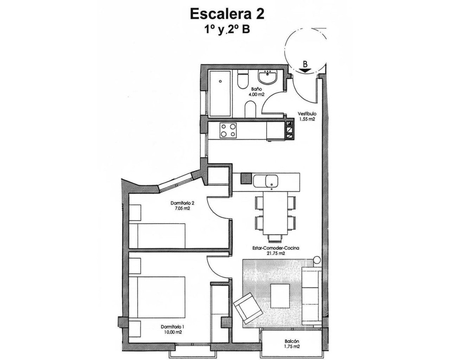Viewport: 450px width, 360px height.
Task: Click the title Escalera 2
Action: [x=227, y=14]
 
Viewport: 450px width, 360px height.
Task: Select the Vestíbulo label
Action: [x=307, y=114]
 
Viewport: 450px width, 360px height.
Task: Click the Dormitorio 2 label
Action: [x=182, y=203]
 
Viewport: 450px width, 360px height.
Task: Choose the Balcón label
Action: [x=292, y=341]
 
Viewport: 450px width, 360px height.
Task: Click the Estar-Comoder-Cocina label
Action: [x=275, y=248]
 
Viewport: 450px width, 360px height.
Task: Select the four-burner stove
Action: [x=228, y=130]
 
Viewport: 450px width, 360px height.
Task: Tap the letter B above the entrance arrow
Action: [x=305, y=64]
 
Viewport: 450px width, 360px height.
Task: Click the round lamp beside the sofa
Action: [x=317, y=260]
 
